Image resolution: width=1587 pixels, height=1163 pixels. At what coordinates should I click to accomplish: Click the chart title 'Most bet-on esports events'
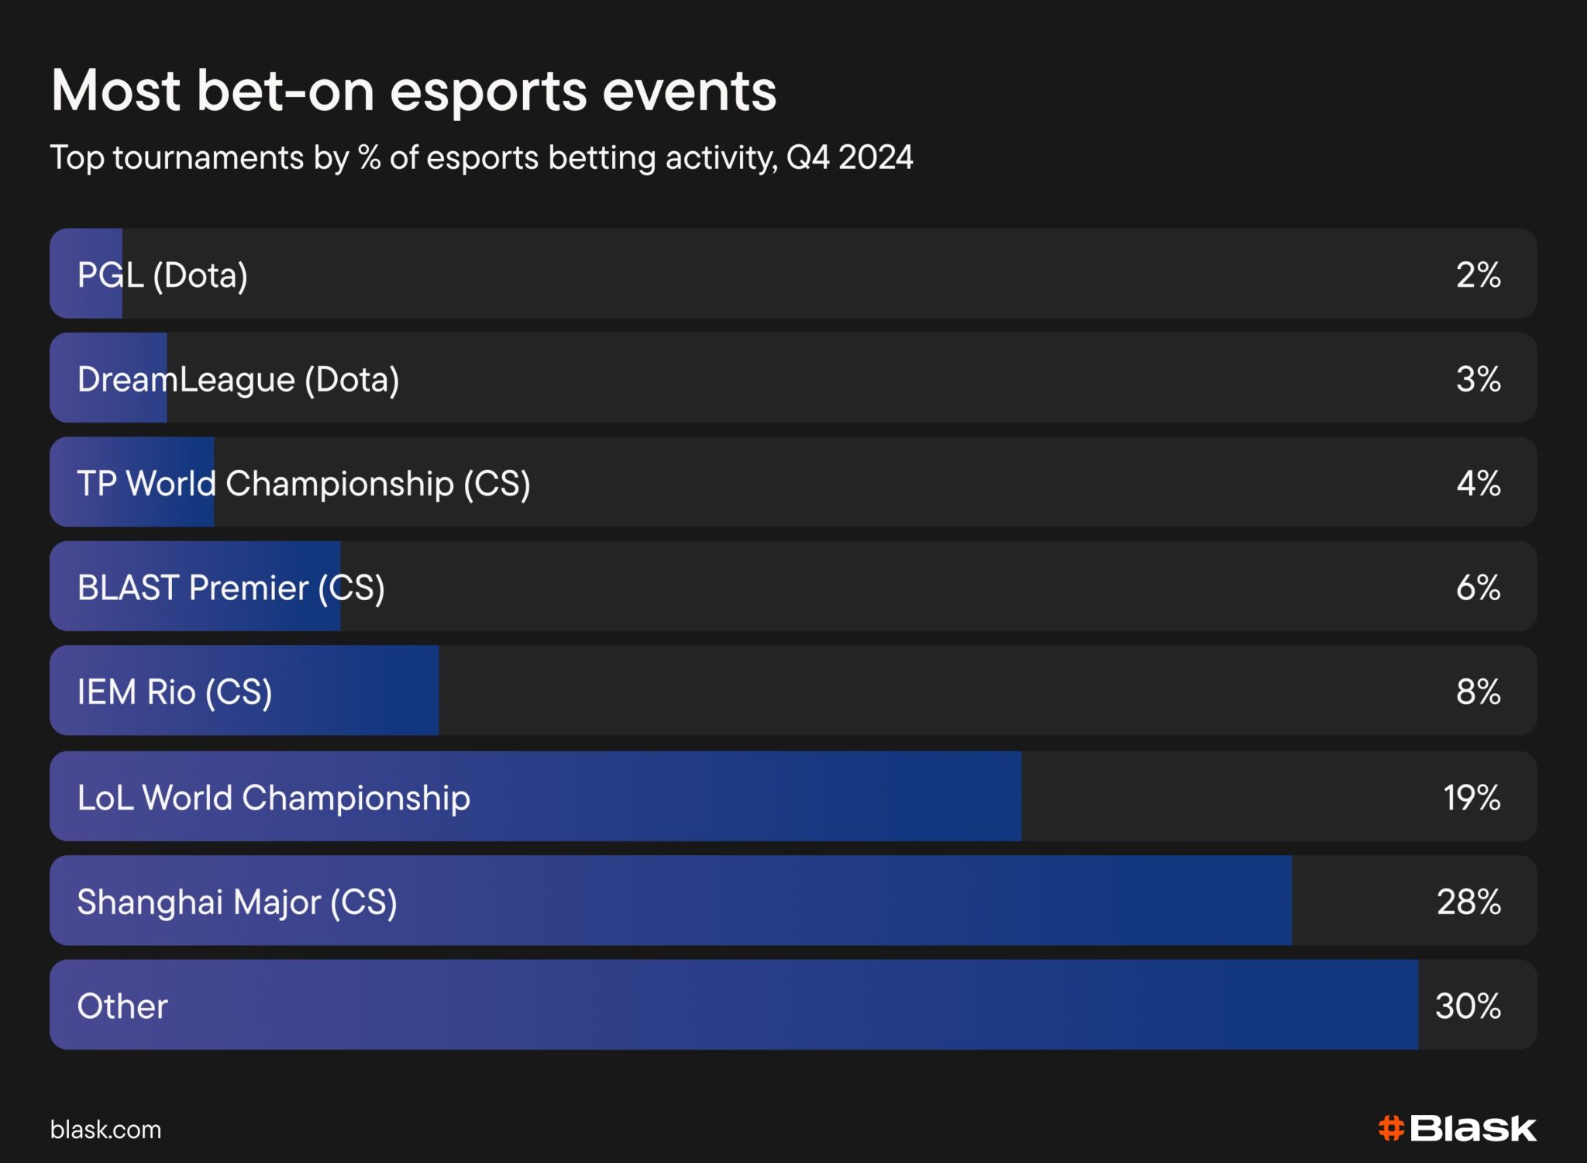coord(414,91)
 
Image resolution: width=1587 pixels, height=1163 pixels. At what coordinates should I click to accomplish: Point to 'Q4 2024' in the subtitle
coord(850,157)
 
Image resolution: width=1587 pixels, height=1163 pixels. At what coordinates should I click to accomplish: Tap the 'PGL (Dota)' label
coord(163,275)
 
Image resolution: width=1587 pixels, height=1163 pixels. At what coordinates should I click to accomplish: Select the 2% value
coord(1479,274)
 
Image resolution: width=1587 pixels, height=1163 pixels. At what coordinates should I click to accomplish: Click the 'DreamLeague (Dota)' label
coord(239,380)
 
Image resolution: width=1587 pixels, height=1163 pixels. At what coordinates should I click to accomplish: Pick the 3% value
coord(1479,379)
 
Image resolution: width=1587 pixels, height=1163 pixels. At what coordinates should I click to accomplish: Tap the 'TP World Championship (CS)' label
coord(304,484)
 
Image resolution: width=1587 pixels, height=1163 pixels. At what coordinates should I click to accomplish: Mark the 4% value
coord(1479,483)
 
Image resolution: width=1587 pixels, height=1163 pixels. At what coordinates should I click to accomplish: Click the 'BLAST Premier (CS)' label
coord(231,588)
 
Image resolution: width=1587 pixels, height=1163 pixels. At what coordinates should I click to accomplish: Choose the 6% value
coord(1479,588)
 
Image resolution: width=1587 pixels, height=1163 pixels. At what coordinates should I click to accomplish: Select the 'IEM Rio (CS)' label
coord(175,692)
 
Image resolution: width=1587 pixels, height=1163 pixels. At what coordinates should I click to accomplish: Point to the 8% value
coord(1479,692)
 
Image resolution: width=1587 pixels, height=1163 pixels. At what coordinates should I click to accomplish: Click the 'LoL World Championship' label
coord(274,798)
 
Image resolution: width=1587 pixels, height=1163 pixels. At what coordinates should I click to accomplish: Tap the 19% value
coord(1472,797)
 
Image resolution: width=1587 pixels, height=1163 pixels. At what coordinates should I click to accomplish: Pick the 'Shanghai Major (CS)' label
coord(237,902)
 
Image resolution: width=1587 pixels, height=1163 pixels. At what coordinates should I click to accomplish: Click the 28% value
coord(1469,902)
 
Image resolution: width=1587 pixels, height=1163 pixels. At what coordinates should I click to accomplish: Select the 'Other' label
coord(122,1006)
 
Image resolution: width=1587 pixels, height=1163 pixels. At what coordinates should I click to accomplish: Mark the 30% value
coord(1468,1006)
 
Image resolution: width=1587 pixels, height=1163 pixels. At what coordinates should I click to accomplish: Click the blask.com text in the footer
coord(106,1130)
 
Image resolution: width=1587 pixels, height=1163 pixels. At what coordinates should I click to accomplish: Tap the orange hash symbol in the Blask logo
coord(1391,1129)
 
